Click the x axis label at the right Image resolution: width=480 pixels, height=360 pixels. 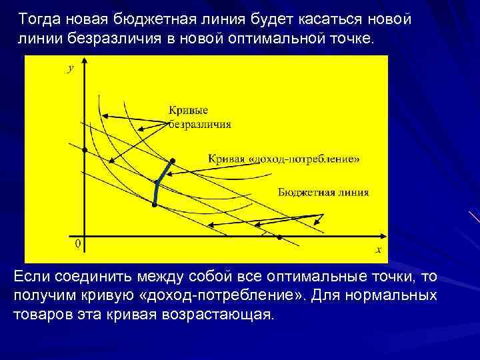pyautogui.click(x=377, y=250)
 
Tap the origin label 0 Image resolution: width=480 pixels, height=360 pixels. pyautogui.click(x=77, y=244)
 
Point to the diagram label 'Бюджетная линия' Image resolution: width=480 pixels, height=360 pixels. pyautogui.click(x=323, y=192)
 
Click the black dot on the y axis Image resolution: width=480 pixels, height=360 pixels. pyautogui.click(x=85, y=151)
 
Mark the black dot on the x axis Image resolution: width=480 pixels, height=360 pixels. pyautogui.click(x=279, y=237)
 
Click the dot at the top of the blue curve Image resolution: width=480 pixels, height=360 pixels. pyautogui.click(x=172, y=161)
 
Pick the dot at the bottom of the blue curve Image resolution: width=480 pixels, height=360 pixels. pyautogui.click(x=154, y=205)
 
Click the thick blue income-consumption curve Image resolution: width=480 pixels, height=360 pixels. pyautogui.click(x=158, y=183)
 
